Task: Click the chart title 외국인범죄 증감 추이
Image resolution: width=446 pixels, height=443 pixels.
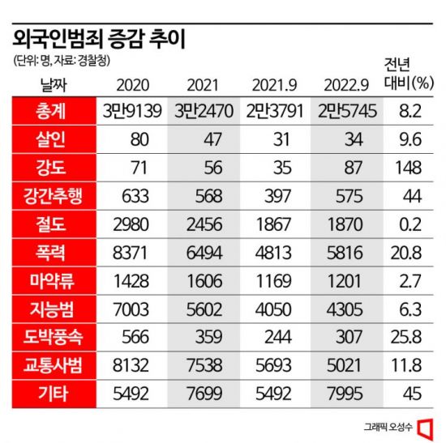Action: [99, 39]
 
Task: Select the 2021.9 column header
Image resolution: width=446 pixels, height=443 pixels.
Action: [274, 85]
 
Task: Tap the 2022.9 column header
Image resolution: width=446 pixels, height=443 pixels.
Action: [346, 85]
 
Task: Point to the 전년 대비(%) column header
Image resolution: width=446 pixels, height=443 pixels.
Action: [409, 74]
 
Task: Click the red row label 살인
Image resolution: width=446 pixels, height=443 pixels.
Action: [50, 139]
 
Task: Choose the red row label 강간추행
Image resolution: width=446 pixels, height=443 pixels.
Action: [53, 196]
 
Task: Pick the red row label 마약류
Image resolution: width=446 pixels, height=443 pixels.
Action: [52, 281]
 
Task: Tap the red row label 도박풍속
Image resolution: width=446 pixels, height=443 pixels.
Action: [53, 337]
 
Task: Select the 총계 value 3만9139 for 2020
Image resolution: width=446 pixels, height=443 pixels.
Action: [132, 111]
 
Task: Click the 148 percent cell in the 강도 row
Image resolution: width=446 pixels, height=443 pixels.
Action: [409, 168]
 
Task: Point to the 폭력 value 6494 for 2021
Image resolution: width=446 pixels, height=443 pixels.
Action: [204, 253]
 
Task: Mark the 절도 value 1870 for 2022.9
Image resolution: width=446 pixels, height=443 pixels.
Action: [345, 224]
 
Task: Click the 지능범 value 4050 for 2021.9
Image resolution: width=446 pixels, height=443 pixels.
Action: [273, 309]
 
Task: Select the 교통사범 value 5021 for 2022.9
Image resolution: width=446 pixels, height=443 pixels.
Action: [344, 365]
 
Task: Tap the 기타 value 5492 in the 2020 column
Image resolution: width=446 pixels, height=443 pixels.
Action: [131, 394]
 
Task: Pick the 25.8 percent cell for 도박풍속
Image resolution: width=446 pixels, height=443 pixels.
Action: [406, 337]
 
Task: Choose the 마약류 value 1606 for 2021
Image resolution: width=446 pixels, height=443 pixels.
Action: [204, 281]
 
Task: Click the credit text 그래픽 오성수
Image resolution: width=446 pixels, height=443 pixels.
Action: [388, 427]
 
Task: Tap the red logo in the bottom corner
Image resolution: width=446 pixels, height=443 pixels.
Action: [426, 427]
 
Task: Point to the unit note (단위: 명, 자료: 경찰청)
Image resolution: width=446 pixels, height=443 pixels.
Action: [62, 60]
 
